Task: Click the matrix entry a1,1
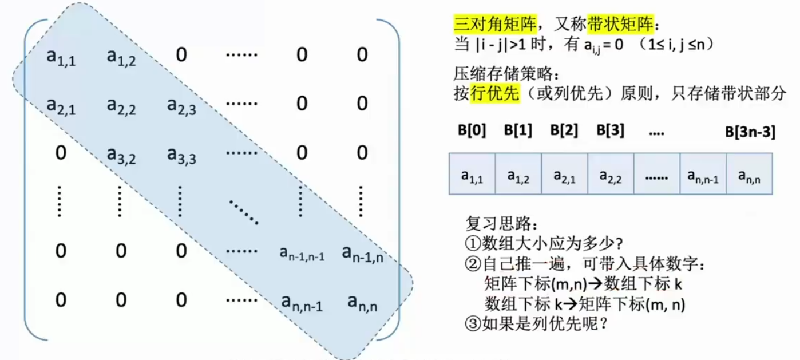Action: pyautogui.click(x=61, y=57)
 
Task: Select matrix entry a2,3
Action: pyautogui.click(x=181, y=106)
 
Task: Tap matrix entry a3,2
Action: pyautogui.click(x=121, y=155)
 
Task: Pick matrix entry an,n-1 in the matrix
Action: pyautogui.click(x=302, y=303)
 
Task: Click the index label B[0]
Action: pyautogui.click(x=472, y=130)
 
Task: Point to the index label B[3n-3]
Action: pyautogui.click(x=750, y=133)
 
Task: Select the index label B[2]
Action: pyautogui.click(x=564, y=130)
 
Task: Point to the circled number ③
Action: pyautogui.click(x=472, y=323)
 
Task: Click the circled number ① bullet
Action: pyautogui.click(x=472, y=243)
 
